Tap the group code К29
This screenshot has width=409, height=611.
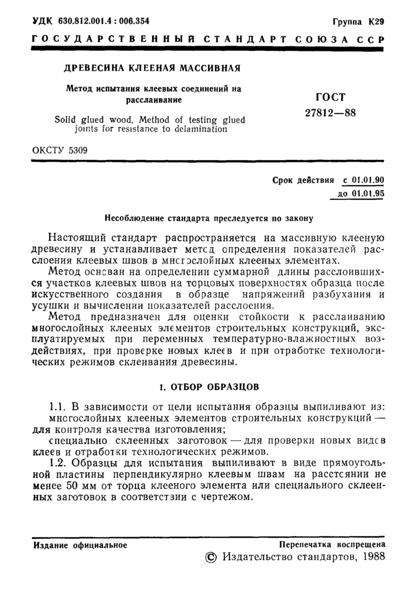click(376, 22)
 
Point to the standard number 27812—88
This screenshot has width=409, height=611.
click(331, 112)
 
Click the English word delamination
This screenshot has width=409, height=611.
click(196, 129)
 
